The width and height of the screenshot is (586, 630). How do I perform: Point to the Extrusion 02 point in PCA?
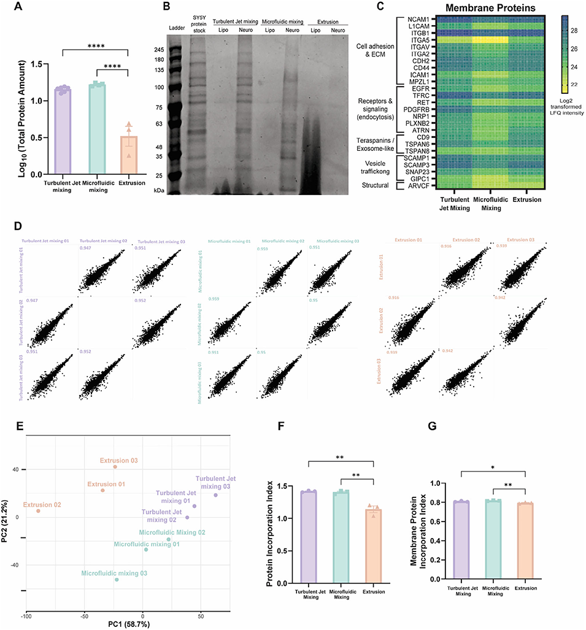click(38, 511)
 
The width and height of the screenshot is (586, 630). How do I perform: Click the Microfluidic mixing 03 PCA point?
click(117, 580)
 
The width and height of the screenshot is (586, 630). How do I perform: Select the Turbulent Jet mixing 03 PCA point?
click(215, 495)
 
